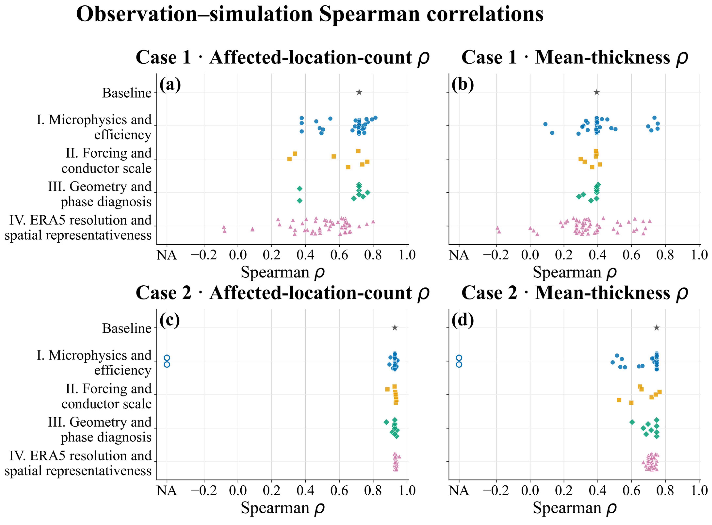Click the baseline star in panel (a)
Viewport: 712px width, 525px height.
(359, 92)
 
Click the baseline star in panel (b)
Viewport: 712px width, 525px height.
(597, 92)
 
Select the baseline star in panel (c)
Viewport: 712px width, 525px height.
(395, 328)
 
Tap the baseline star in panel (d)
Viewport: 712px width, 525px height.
(657, 328)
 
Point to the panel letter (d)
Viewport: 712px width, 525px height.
(463, 320)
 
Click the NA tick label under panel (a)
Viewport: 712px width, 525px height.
(167, 255)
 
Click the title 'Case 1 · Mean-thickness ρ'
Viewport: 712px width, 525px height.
(574, 58)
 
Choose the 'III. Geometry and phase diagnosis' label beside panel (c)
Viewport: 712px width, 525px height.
(100, 430)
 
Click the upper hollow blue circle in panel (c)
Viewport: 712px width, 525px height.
(167, 358)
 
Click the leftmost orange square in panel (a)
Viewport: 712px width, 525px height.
(289, 159)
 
